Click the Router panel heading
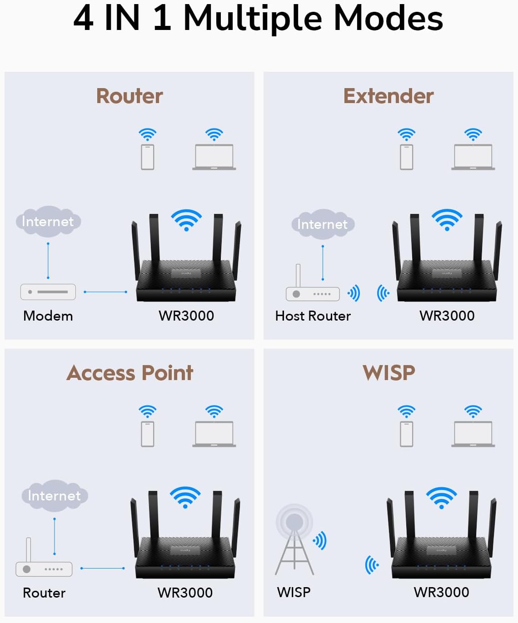(129, 96)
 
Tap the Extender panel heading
(388, 96)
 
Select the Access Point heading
(130, 373)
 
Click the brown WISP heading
(389, 373)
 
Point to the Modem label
(48, 316)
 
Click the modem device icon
(48, 292)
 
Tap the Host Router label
(313, 316)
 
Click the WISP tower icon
(294, 540)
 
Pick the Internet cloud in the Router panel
(48, 222)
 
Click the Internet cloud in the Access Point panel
(55, 495)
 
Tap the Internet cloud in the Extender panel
(323, 224)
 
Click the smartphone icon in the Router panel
(148, 157)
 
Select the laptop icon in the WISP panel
(473, 434)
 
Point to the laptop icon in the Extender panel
(473, 157)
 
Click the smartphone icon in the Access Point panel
(148, 434)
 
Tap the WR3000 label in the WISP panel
(441, 592)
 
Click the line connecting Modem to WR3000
(105, 292)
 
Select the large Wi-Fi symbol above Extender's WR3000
(447, 220)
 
